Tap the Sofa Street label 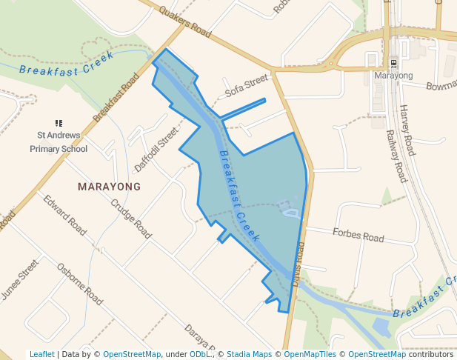(x=246, y=87)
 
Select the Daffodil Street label (x=157, y=148)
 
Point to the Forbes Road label (x=358, y=235)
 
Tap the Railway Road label (x=396, y=156)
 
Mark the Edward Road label (x=64, y=215)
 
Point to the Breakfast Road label (x=116, y=97)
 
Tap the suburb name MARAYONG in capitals (x=109, y=187)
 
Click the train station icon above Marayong (x=393, y=63)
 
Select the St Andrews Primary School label (x=59, y=142)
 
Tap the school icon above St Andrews (x=59, y=123)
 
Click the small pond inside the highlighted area (x=290, y=213)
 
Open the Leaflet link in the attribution (x=41, y=354)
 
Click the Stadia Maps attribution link (x=249, y=354)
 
